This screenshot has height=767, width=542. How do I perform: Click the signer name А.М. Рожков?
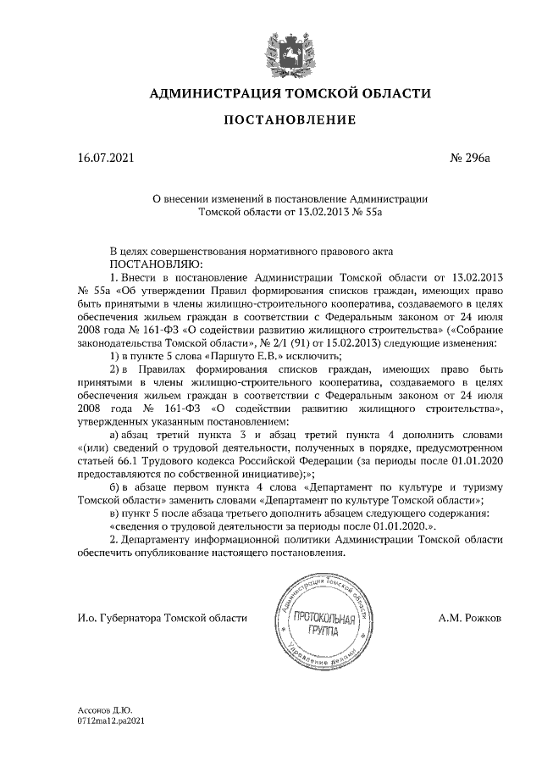[x=470, y=619]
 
